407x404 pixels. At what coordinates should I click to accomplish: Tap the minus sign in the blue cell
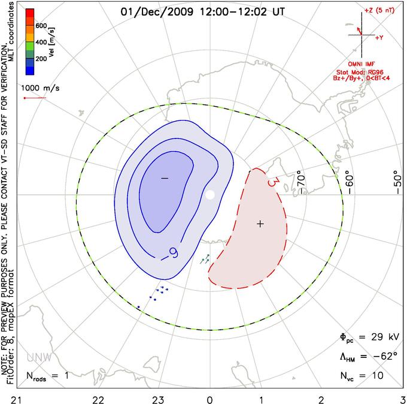coord(165,179)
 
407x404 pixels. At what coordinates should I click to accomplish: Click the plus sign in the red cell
coord(260,224)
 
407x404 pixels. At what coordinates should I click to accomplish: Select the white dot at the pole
coord(209,195)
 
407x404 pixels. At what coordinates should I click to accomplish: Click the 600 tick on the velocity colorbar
coord(41,26)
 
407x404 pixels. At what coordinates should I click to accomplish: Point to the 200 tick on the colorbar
coord(41,59)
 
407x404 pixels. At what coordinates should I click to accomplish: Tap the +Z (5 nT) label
coord(379,11)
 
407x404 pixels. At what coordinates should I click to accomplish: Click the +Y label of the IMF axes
coord(379,37)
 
